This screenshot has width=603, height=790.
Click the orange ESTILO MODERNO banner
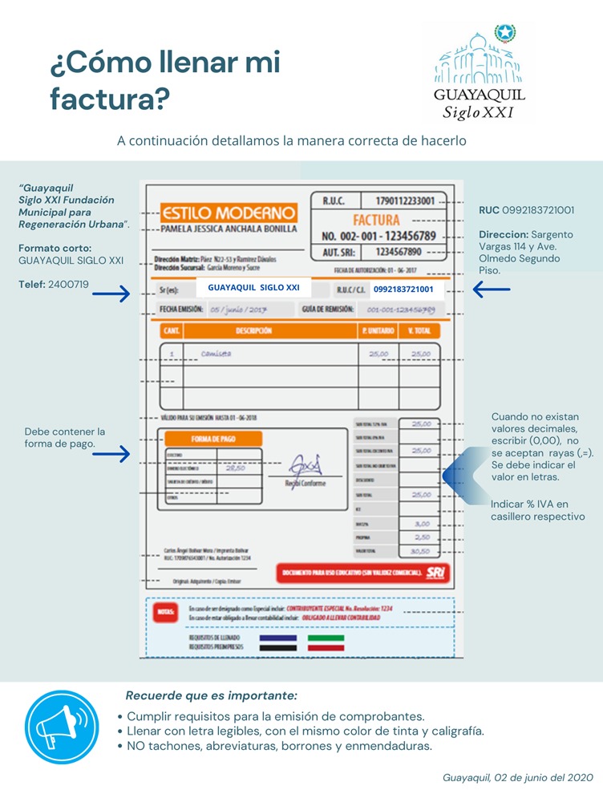tap(229, 213)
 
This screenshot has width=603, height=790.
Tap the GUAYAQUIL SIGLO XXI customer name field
tap(253, 287)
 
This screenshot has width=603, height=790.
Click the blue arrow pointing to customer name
tap(111, 294)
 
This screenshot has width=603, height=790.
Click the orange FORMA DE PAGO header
tap(212, 439)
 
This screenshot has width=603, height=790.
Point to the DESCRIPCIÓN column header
tap(253, 330)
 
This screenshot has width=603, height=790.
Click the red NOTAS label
tap(164, 614)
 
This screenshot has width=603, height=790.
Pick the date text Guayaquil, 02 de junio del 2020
tap(517, 777)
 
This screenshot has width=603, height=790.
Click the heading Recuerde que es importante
tap(211, 695)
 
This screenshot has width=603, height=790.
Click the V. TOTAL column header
tap(420, 330)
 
